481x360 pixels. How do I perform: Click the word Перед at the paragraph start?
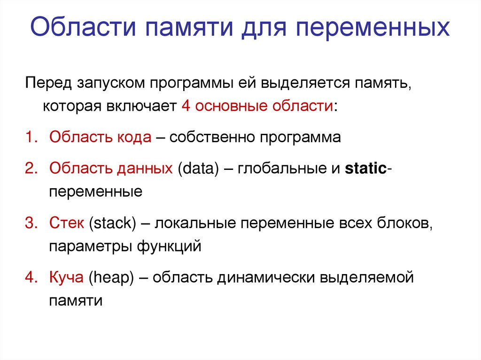click(47, 83)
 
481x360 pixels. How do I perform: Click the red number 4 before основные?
click(185, 106)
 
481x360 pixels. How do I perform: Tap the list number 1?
click(31, 138)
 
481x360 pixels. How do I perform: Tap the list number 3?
click(31, 223)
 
